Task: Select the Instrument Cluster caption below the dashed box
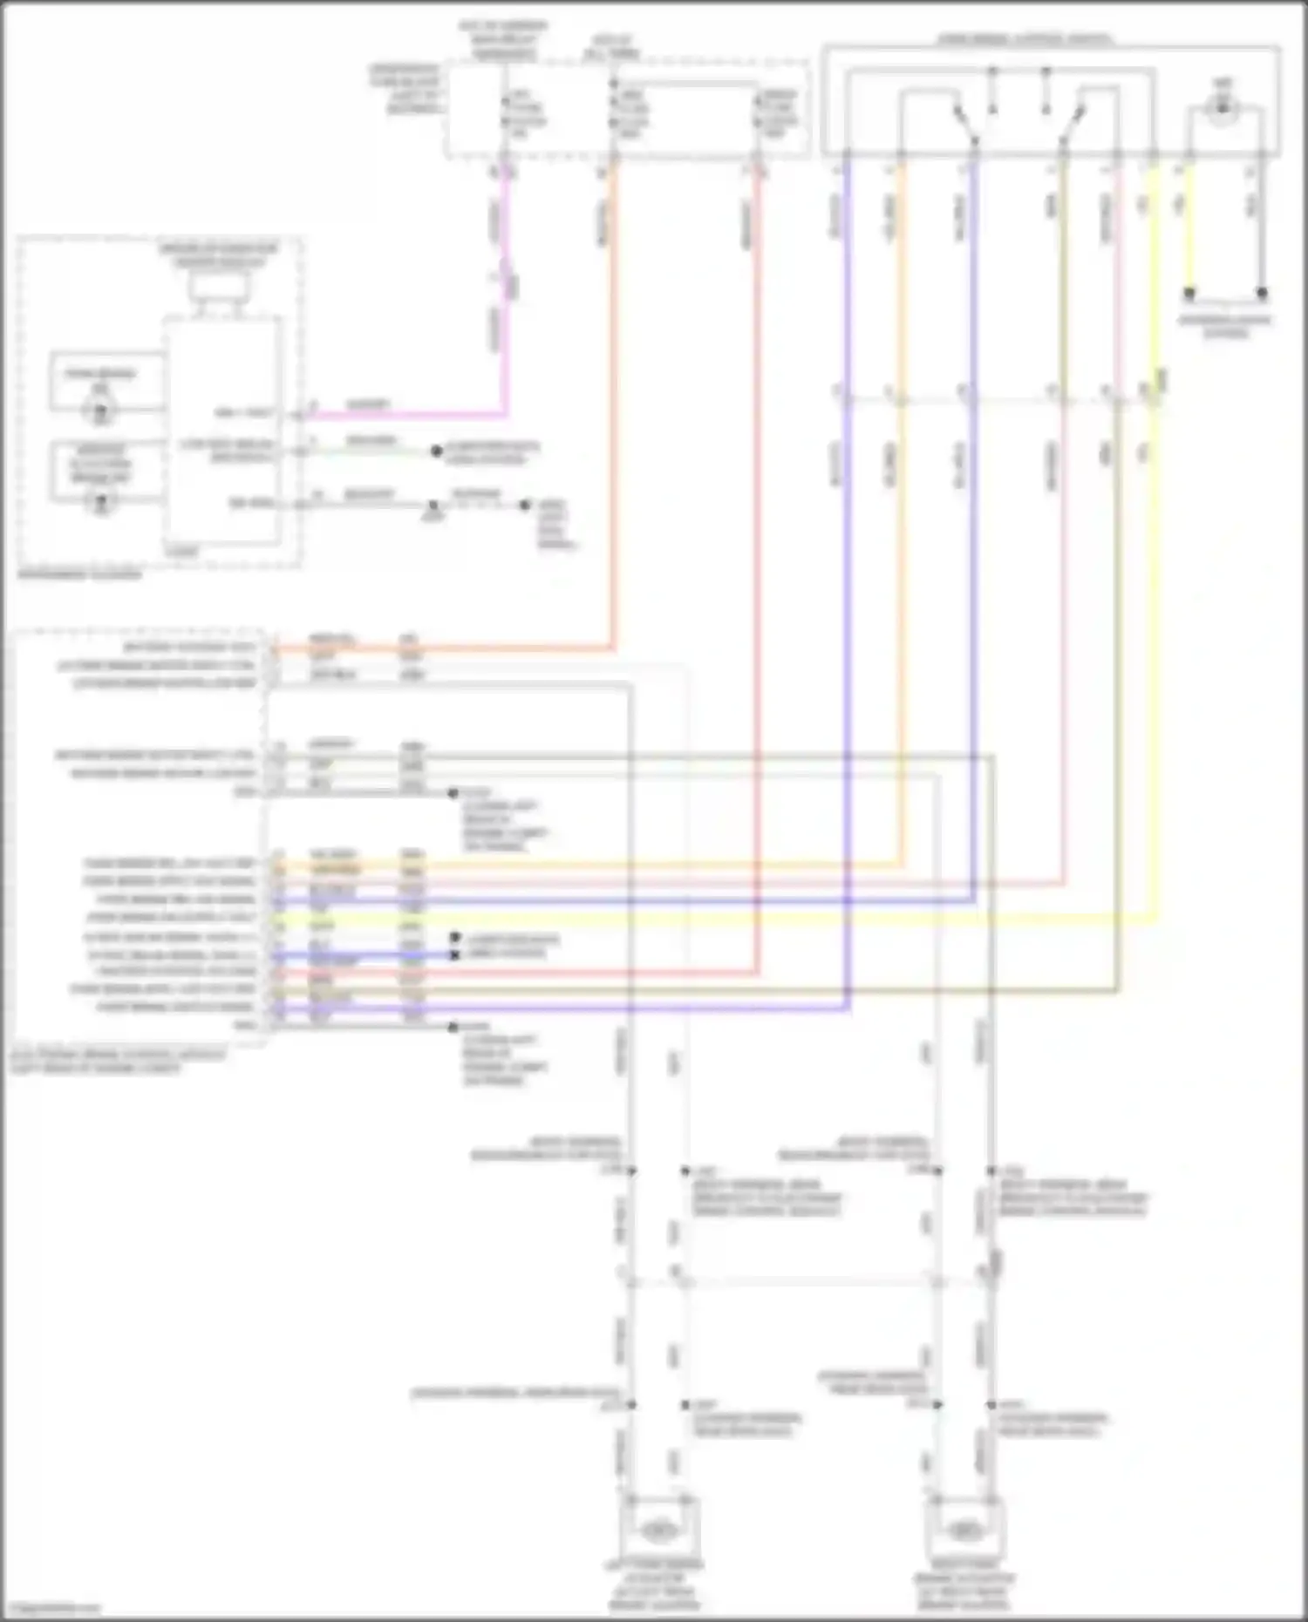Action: coord(78,575)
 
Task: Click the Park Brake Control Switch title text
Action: coord(1025,39)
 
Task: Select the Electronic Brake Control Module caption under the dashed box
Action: coord(118,1061)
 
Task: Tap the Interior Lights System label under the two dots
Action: coord(1225,326)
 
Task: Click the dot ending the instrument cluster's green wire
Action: coord(437,451)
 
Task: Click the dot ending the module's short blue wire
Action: coord(454,955)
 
